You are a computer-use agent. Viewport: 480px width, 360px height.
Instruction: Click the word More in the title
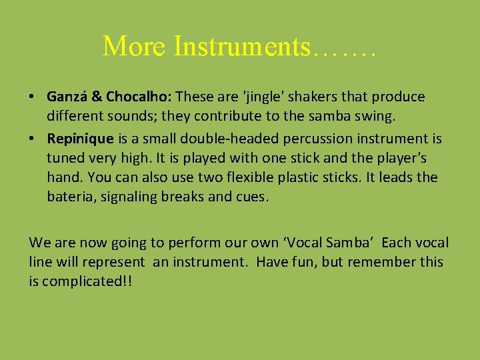[134, 45]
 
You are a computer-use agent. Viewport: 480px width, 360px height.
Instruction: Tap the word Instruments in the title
[241, 45]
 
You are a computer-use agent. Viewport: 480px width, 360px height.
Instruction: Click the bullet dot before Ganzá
[33, 97]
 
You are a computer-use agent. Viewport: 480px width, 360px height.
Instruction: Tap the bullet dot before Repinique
[33, 139]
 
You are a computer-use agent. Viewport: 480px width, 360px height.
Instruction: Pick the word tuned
[66, 159]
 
